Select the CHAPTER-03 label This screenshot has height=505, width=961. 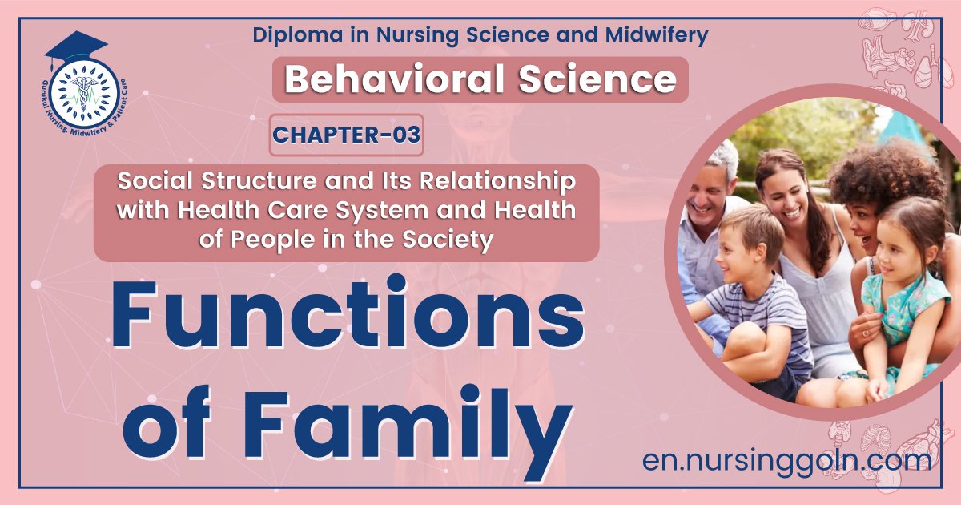tap(346, 135)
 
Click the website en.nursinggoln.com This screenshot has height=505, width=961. tap(787, 460)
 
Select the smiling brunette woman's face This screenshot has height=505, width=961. tap(782, 192)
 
